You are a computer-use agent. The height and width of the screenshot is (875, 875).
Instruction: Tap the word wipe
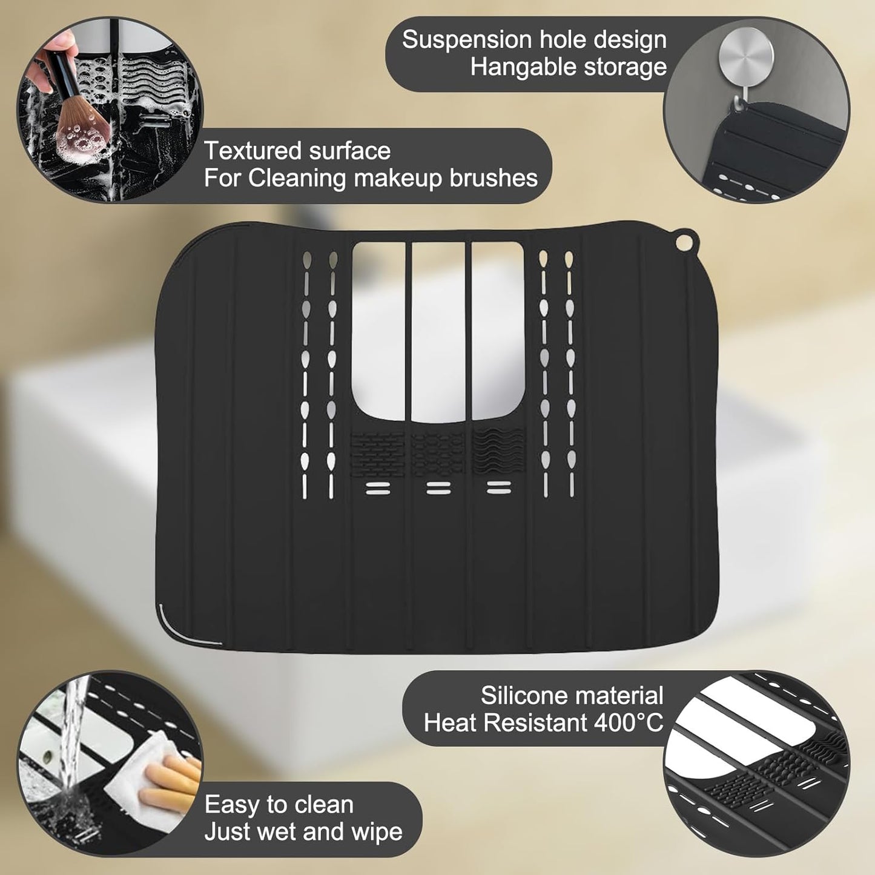point(375,832)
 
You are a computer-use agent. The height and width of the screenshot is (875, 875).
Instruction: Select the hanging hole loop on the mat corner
point(684,242)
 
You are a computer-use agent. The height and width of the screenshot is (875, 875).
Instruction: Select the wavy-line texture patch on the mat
point(498,452)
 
